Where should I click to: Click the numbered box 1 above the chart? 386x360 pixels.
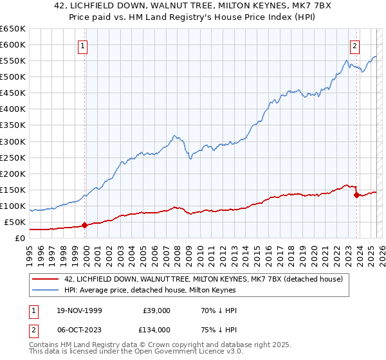tap(84, 46)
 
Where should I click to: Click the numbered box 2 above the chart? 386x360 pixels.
tap(354, 46)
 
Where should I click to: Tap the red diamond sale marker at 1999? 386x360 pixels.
tap(84, 225)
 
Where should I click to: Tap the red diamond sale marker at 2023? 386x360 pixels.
tap(356, 195)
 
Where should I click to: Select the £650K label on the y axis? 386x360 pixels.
tap(13, 29)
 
